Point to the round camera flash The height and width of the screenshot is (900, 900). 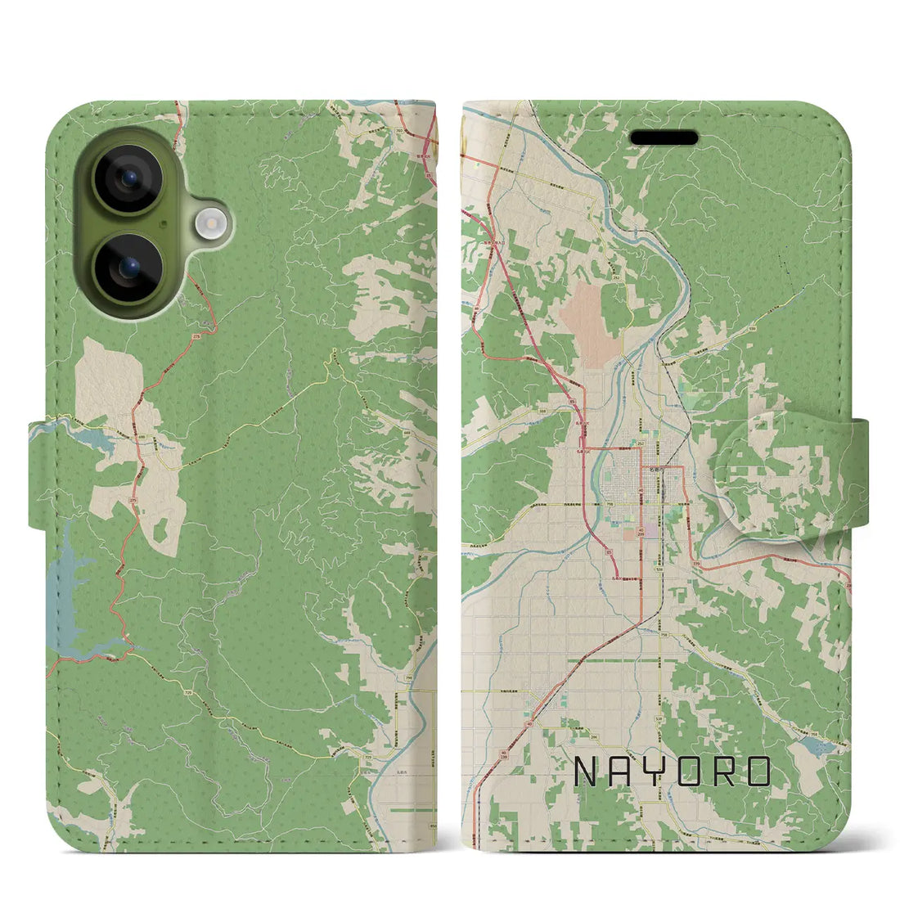tap(211, 221)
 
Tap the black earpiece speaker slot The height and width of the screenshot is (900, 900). tap(664, 138)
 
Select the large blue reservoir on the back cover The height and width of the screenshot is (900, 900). tap(70, 601)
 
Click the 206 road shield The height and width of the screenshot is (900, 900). tap(582, 736)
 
